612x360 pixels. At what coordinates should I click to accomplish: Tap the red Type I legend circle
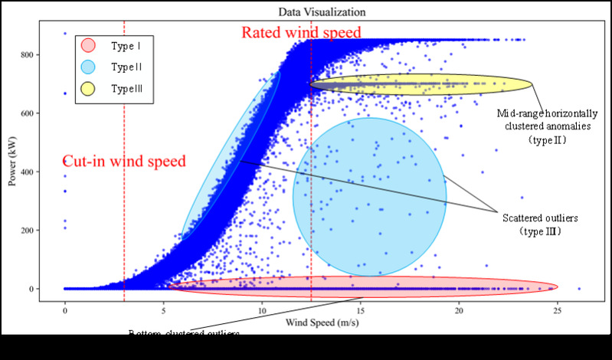[x=88, y=45]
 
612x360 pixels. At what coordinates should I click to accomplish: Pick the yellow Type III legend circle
[x=88, y=89]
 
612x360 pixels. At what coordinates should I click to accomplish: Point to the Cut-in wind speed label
[x=123, y=162]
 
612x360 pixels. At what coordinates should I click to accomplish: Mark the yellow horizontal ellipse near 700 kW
[x=421, y=85]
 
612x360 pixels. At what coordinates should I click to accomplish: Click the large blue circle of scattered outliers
[x=369, y=197]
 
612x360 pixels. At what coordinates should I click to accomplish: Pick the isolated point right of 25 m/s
[x=579, y=289]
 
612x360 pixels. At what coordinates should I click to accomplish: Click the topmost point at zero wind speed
[x=65, y=34]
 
